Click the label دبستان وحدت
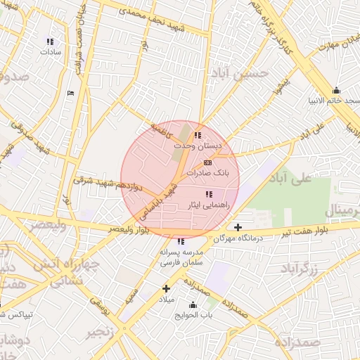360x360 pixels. (x=198, y=146)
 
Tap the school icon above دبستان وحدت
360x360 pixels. (x=198, y=135)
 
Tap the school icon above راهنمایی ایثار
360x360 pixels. (x=209, y=194)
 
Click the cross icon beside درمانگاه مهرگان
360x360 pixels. (x=238, y=227)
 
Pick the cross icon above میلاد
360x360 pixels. (x=167, y=288)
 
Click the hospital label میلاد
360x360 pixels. (x=166, y=300)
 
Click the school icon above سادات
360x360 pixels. (x=49, y=41)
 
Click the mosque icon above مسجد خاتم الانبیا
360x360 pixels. (x=336, y=90)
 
